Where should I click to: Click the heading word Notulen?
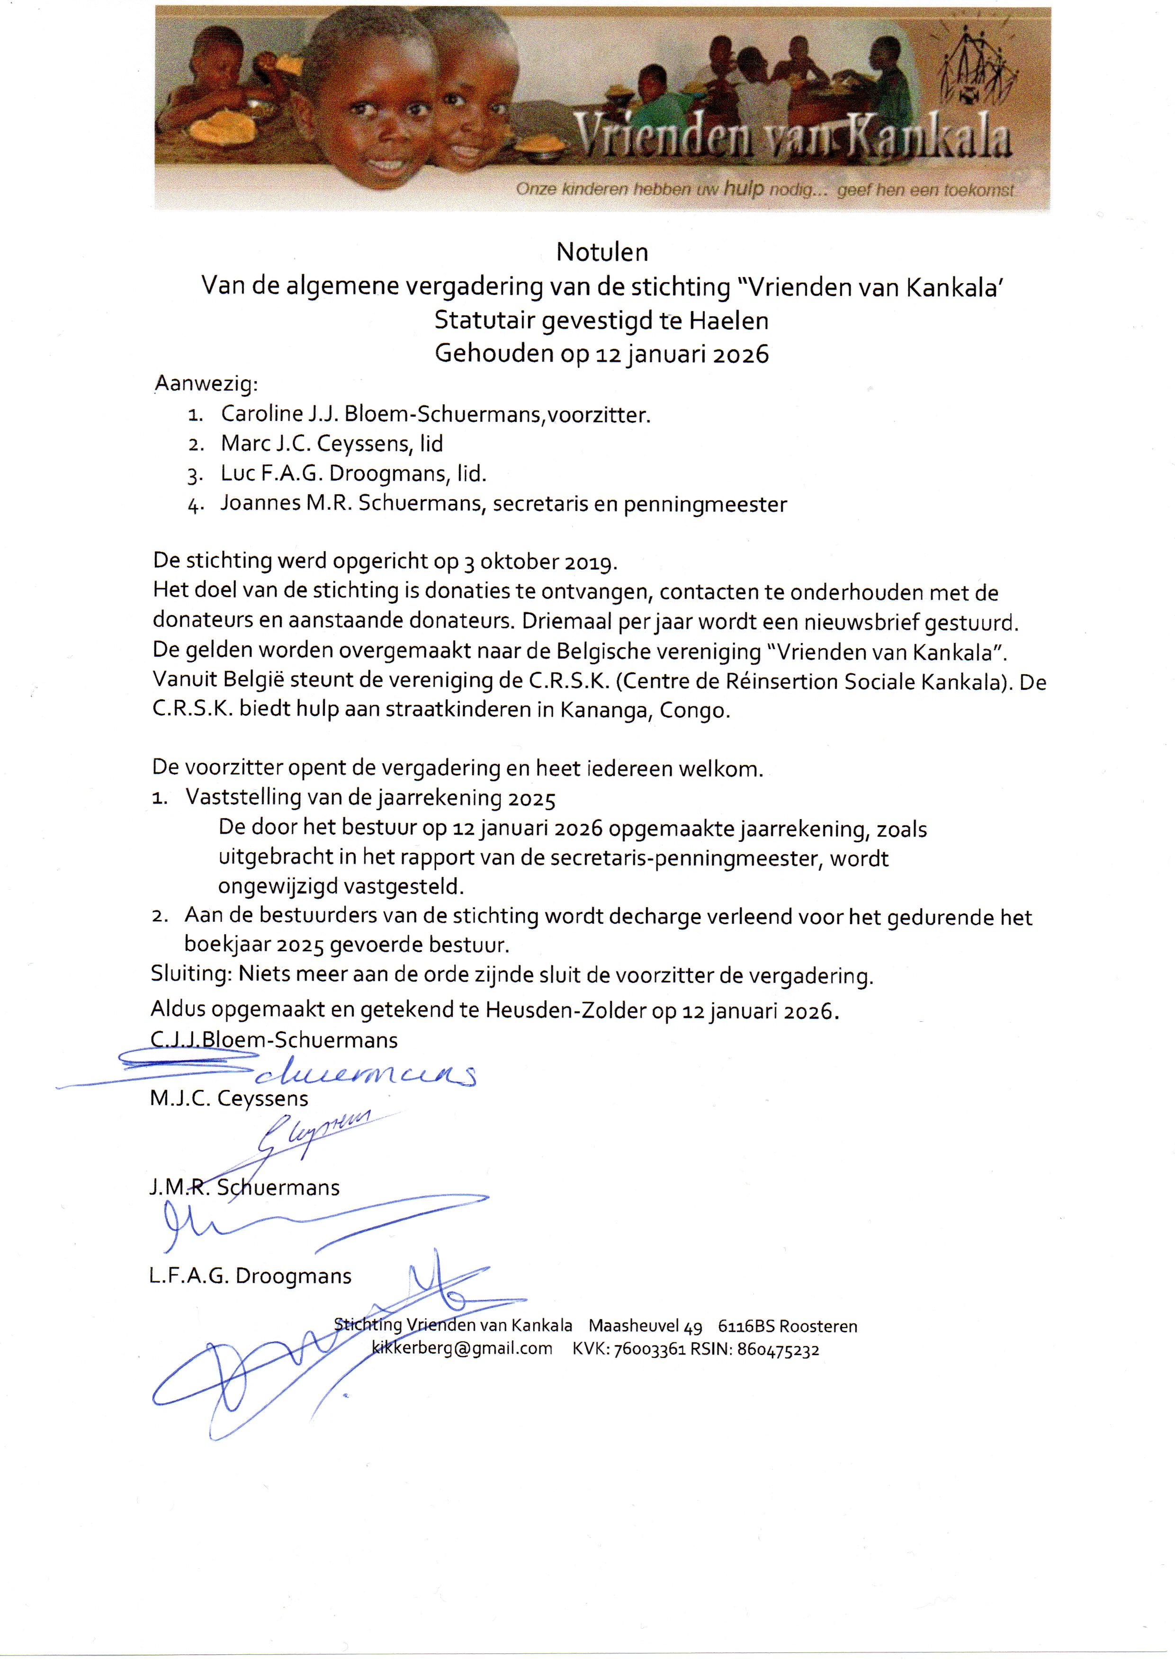click(x=602, y=252)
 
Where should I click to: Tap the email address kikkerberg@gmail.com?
click(x=462, y=1349)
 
